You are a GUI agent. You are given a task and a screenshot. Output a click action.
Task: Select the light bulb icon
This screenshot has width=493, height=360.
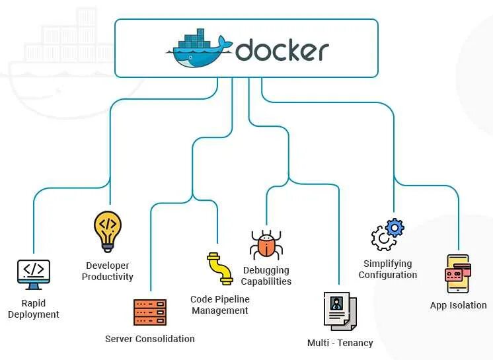tap(108, 231)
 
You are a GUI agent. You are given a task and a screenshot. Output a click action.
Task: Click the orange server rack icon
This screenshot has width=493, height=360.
tap(150, 312)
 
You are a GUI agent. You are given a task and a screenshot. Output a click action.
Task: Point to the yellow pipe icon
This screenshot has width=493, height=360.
tap(219, 268)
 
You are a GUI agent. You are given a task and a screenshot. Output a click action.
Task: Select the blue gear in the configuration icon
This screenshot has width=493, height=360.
tap(395, 229)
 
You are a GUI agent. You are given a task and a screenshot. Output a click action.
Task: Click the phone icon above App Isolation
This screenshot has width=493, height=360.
tap(457, 273)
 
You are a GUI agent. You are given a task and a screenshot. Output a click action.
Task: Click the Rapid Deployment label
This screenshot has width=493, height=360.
tap(33, 309)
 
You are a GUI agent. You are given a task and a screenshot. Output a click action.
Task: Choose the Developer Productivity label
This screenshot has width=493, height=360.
tap(108, 271)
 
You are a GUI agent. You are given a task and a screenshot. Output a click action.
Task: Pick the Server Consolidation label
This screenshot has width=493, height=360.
tap(150, 339)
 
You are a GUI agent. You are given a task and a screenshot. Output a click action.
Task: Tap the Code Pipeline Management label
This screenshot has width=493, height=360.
tap(220, 305)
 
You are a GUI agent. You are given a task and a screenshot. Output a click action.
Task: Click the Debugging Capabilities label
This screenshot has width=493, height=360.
tap(266, 275)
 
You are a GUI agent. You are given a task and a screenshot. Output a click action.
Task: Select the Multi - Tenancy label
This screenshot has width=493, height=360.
tap(340, 343)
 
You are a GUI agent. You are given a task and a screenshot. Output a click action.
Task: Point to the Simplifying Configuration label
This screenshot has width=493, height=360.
tap(388, 269)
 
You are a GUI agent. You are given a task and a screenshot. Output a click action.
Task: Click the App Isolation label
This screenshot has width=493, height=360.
tap(459, 305)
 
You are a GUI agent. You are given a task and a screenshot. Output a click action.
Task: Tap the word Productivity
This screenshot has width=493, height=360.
tap(108, 277)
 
